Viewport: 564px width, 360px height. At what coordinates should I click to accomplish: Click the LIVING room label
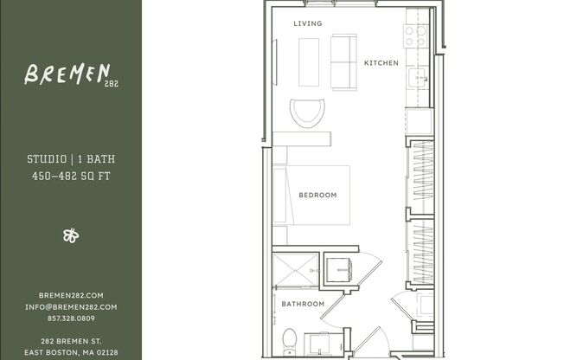307,23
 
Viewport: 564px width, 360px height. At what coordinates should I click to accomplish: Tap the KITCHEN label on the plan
381,63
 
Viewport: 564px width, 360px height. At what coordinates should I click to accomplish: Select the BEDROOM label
317,195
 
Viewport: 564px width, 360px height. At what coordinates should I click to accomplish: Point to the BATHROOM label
303,304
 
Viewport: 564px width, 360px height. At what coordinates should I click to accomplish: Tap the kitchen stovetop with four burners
416,35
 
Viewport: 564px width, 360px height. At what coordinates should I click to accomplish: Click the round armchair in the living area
308,112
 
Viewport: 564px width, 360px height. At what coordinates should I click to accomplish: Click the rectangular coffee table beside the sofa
309,61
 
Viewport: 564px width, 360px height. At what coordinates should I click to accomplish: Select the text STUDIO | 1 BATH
71,160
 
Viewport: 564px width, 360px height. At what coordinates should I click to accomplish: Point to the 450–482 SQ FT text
71,176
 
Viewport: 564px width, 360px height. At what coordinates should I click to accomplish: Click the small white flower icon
71,235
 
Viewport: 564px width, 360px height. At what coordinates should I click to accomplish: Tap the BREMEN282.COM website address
71,295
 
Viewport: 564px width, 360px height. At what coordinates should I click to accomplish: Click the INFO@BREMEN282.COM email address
71,306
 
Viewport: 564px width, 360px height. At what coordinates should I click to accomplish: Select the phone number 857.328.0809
71,318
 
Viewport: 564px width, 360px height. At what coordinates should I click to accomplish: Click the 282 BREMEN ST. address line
71,340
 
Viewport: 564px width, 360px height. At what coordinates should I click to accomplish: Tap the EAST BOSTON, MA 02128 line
71,351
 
